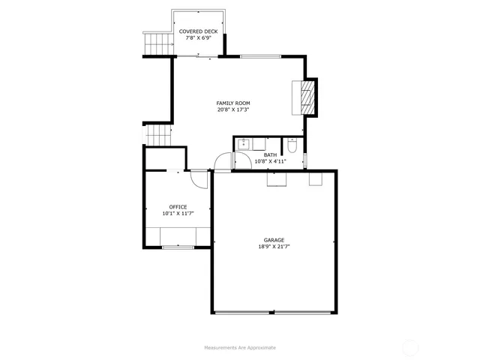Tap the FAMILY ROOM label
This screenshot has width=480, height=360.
(x=233, y=103)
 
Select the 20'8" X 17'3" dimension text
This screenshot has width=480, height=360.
(x=233, y=109)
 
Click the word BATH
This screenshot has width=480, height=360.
(x=270, y=154)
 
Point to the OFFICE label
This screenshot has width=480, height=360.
(x=178, y=207)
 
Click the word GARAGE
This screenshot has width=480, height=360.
(x=274, y=240)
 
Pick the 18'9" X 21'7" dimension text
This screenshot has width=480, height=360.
(x=274, y=247)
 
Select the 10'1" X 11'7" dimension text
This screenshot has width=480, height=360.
(x=178, y=214)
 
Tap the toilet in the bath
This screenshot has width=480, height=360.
(x=294, y=145)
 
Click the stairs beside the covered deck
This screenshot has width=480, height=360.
(x=157, y=43)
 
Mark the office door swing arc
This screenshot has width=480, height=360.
(x=199, y=181)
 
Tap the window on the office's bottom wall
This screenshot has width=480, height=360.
(x=178, y=246)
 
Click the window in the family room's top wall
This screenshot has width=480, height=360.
(x=262, y=56)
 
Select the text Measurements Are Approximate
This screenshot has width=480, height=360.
(x=240, y=348)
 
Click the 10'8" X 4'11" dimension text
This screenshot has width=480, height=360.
(x=270, y=161)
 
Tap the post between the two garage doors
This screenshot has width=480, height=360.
(x=273, y=312)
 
